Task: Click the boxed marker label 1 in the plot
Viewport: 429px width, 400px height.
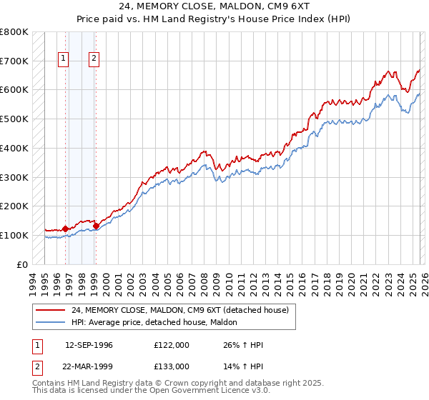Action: click(64, 59)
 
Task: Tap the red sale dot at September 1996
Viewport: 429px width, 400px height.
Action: click(65, 229)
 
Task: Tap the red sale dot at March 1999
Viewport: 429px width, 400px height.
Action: click(96, 226)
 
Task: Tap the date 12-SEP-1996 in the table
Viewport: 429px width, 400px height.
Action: click(89, 346)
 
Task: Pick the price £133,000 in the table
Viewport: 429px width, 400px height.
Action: click(172, 366)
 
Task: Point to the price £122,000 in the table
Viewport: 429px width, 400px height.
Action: click(172, 346)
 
